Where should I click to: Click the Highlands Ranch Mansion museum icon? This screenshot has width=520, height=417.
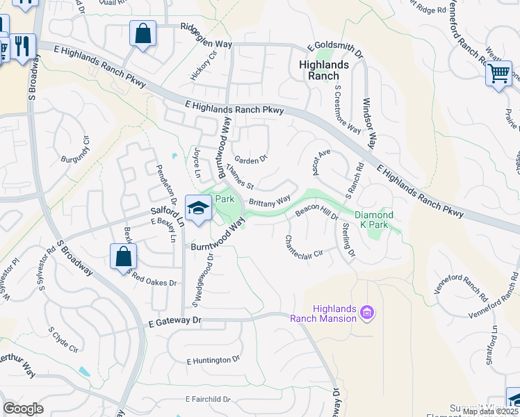[x=367, y=314]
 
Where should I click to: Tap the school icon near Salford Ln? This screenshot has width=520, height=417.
[x=198, y=208]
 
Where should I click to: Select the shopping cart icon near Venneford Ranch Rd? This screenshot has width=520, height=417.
[x=498, y=73]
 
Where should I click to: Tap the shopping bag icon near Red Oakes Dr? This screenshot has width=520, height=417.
[x=123, y=256]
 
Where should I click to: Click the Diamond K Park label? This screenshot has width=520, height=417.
[x=374, y=220]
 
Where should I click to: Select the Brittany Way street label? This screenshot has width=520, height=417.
[x=269, y=202]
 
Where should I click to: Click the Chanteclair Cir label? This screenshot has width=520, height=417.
[x=304, y=247]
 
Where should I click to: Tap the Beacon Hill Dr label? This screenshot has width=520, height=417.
[x=316, y=211]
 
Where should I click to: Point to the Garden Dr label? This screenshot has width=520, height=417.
[x=250, y=159]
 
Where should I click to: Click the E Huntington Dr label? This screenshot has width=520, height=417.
[x=213, y=360]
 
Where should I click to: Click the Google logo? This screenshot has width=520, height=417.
[x=23, y=408]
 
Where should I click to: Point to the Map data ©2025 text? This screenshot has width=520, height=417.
[x=490, y=411]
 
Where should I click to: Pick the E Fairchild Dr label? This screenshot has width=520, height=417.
[x=207, y=399]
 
